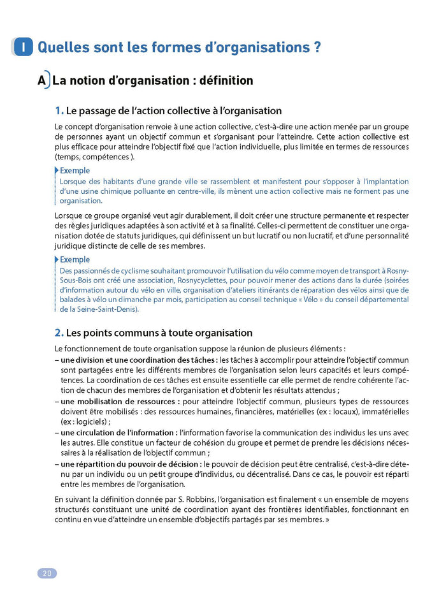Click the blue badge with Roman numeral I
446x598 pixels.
[23, 47]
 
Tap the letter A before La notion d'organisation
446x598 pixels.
[42, 81]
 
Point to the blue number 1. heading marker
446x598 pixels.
[59, 111]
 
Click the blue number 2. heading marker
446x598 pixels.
[59, 333]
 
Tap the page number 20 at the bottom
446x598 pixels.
[47, 573]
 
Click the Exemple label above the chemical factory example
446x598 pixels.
[75, 171]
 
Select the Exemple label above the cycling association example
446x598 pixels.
[75, 259]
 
